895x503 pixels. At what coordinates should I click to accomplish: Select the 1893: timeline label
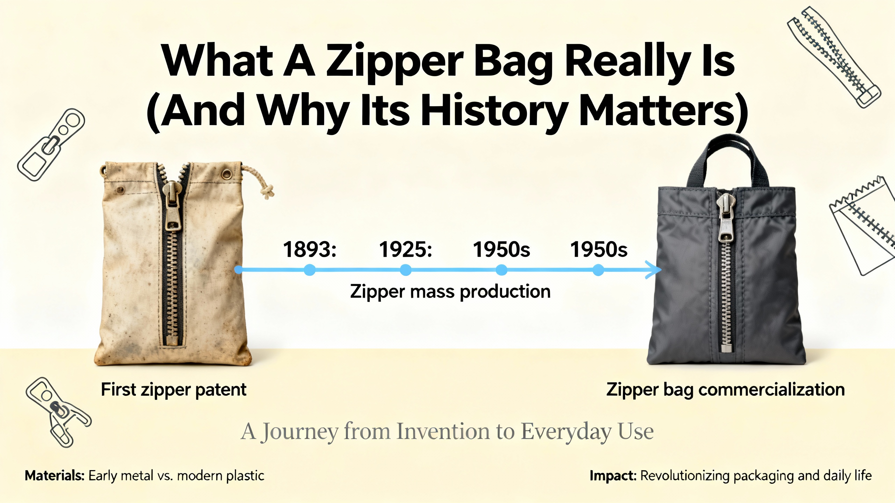[x=309, y=249]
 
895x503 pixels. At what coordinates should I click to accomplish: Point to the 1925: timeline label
[x=406, y=249]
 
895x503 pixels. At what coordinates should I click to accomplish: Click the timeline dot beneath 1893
[x=309, y=270]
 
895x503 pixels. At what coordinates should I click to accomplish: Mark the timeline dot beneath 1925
[x=406, y=270]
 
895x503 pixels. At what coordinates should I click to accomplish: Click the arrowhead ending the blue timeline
[x=654, y=270]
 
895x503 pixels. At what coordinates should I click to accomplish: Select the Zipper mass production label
[x=450, y=291]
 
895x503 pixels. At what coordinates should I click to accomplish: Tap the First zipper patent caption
[x=174, y=390]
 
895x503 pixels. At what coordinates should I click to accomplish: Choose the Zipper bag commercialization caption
[x=725, y=390]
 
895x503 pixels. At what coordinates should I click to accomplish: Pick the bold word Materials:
[x=55, y=476]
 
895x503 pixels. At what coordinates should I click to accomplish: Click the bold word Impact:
[x=613, y=476]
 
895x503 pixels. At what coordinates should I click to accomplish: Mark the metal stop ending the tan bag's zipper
[x=171, y=340]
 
